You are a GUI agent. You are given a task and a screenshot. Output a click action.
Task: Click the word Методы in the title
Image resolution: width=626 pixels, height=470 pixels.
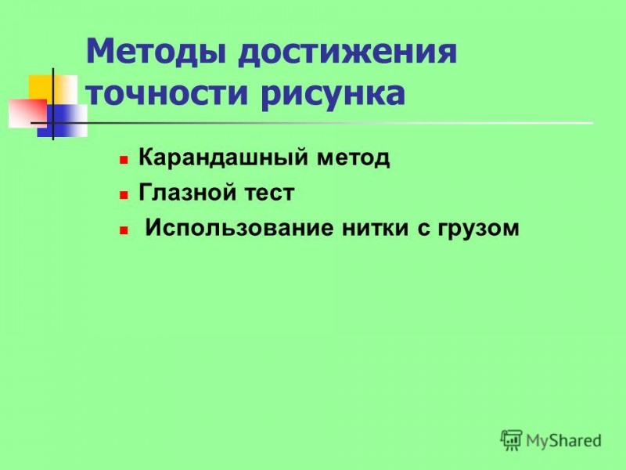156,52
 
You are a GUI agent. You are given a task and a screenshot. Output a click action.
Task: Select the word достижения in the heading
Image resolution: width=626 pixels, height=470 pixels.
347,52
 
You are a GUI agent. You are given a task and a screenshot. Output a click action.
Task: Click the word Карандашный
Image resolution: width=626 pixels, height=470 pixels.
223,157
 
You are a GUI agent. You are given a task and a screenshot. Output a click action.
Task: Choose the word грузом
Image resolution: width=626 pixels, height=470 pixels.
478,230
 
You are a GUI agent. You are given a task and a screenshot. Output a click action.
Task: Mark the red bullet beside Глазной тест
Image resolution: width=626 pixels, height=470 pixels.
124,195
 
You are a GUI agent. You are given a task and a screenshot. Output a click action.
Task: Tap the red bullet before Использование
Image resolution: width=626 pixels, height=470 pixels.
124,230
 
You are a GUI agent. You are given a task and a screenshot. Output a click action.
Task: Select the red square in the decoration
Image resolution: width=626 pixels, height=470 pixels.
28,113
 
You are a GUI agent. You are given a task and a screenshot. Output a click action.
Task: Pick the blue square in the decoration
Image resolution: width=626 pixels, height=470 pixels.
63,121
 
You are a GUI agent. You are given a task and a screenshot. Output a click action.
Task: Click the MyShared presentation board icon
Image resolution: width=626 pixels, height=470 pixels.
511,440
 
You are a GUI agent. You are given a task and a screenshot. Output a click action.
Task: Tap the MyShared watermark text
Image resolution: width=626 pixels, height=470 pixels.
563,441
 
